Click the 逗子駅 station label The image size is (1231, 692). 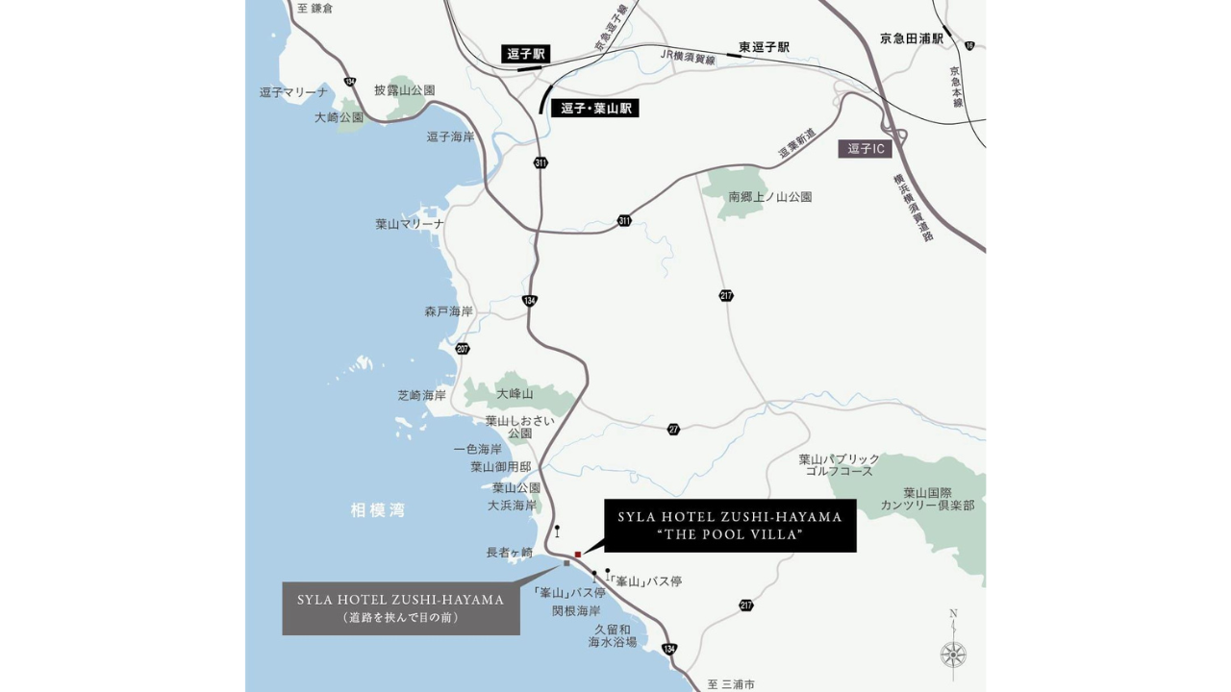click(x=526, y=54)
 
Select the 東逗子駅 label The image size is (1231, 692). click(x=764, y=47)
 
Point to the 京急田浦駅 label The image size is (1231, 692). click(x=911, y=38)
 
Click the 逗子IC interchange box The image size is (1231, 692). click(x=865, y=149)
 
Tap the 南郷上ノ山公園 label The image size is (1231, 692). click(x=770, y=197)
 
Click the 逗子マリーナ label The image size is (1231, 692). click(x=294, y=92)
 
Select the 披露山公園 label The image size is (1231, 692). click(x=405, y=90)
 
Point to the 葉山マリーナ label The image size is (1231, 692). click(x=410, y=224)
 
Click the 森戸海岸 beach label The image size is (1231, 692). click(x=448, y=312)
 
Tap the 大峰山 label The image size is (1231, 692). click(x=515, y=394)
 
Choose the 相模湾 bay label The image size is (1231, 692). click(x=378, y=510)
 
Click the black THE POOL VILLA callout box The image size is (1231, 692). click(x=730, y=526)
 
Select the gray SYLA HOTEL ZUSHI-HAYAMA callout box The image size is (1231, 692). click(x=401, y=608)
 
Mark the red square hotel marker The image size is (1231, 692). click(x=578, y=555)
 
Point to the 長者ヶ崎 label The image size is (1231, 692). click(x=509, y=553)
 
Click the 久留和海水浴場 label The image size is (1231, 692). click(x=613, y=635)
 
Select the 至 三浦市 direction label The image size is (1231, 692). click(x=731, y=684)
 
